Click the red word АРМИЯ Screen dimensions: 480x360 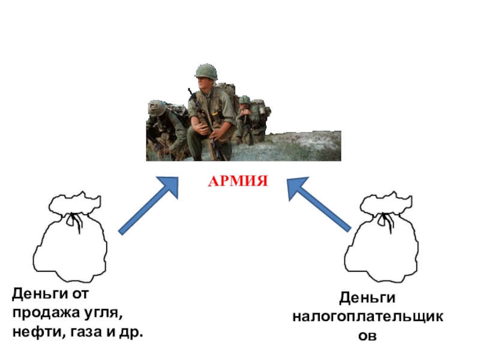point(238,181)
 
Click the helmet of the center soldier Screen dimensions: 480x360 point(205,71)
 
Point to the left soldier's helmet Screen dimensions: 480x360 point(157,108)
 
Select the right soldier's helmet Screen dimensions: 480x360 point(245,100)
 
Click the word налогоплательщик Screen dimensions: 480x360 point(368,316)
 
